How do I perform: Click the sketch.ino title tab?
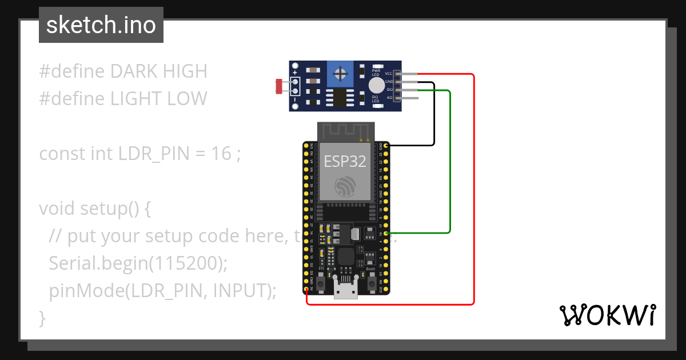click(101, 25)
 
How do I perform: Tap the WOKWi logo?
click(607, 315)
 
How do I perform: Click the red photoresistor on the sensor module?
click(279, 86)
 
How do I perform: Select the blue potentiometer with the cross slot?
click(341, 74)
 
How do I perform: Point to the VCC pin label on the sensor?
click(388, 74)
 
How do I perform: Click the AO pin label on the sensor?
click(389, 98)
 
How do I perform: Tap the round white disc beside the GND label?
click(376, 86)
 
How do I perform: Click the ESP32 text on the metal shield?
click(345, 161)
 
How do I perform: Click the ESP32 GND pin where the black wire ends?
click(386, 146)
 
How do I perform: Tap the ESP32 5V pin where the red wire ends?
click(307, 290)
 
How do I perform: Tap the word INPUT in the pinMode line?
click(240, 291)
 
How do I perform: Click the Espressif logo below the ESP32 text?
click(345, 187)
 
